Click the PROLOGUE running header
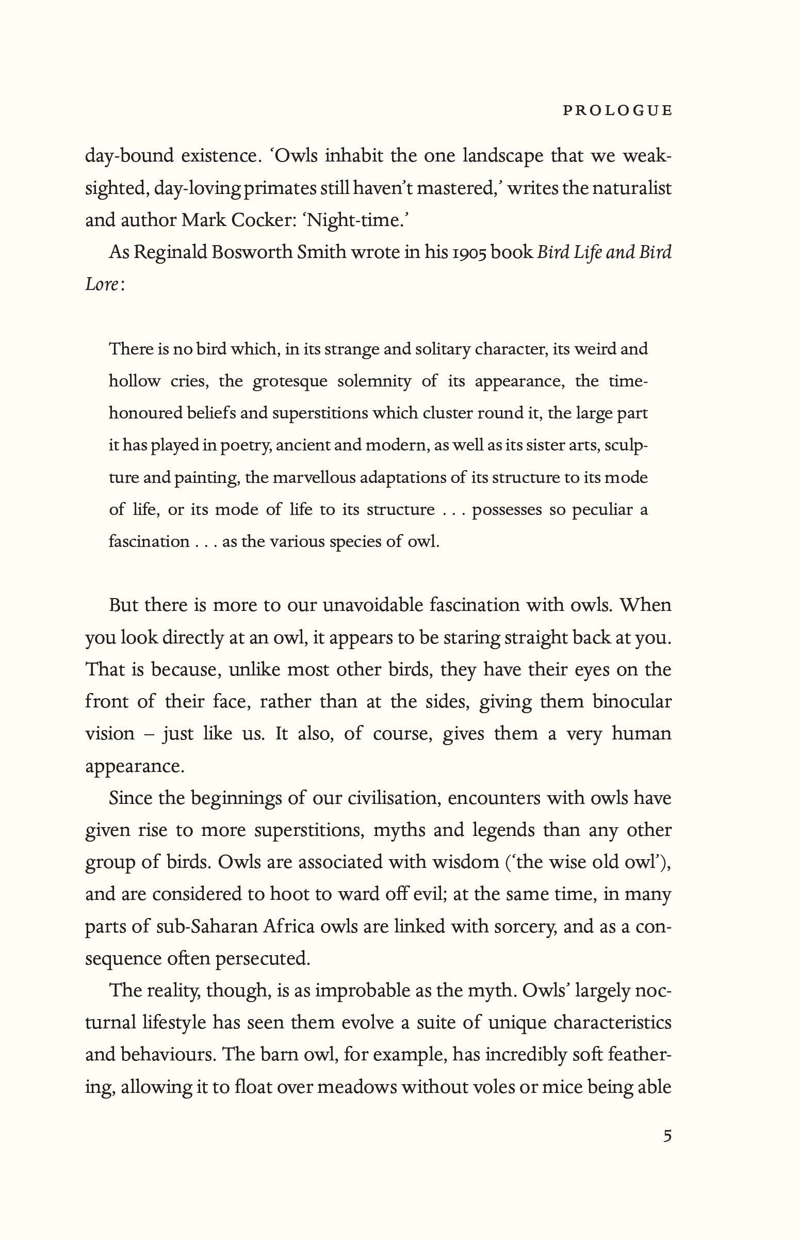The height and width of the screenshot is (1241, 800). tap(617, 111)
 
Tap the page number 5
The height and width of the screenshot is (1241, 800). tap(667, 1136)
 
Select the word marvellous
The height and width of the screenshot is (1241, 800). tap(315, 477)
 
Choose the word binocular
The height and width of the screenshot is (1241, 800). tap(632, 702)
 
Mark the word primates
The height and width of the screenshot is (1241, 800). tap(281, 188)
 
